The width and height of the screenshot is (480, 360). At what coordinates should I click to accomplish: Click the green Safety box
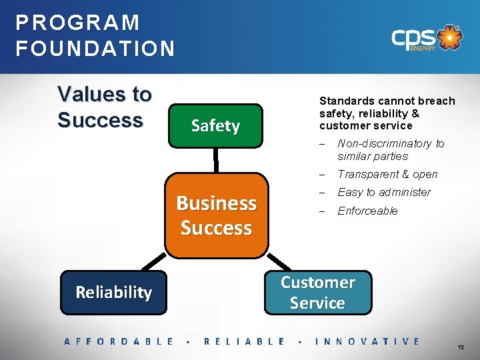coord(215,125)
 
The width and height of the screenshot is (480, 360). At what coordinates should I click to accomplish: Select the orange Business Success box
coord(216,215)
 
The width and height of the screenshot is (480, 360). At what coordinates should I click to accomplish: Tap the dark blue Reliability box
coord(113,292)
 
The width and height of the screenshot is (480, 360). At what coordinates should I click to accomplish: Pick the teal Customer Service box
coord(317,292)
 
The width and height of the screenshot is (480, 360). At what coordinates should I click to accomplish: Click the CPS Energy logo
coord(426,39)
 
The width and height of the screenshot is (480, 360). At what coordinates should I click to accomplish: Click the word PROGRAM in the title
coord(78,23)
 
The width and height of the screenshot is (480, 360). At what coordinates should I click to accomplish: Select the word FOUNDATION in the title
coord(95,49)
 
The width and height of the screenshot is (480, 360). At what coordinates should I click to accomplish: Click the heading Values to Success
coord(105,107)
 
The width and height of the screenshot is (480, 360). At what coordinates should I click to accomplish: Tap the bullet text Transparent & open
coord(387,174)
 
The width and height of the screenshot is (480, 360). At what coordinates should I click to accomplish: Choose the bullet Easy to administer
coord(384,192)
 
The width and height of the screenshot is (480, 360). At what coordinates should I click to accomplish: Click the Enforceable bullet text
coord(367,211)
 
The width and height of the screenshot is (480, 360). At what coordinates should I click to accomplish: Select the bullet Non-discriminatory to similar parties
coord(390,150)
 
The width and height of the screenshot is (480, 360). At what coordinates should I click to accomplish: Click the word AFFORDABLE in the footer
coord(119,341)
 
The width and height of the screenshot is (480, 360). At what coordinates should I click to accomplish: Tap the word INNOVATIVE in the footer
coord(367,341)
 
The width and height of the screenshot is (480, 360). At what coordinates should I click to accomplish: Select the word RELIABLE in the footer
coord(244,341)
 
